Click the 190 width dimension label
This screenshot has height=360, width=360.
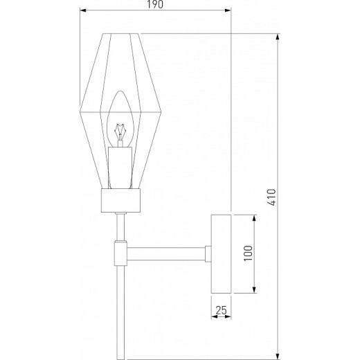(x=154, y=6)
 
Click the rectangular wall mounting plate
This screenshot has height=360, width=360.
(x=222, y=253)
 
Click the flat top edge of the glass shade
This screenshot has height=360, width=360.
(x=123, y=33)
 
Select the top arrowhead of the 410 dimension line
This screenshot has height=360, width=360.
(x=278, y=35)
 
